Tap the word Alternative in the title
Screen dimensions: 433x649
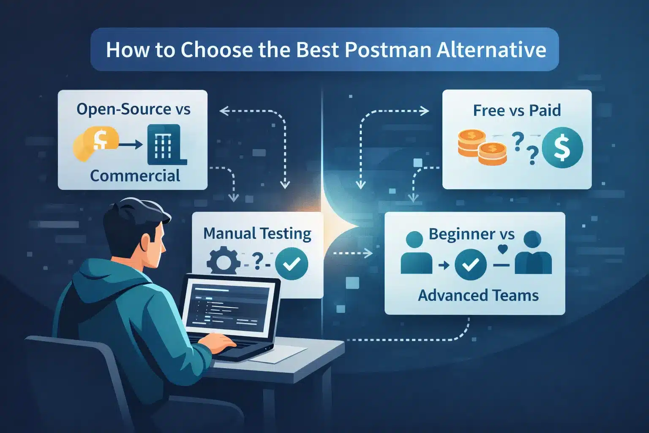click(x=491, y=50)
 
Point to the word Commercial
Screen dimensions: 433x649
click(x=135, y=175)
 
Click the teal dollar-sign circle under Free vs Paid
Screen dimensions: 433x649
click(x=562, y=148)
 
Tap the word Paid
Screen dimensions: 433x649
click(x=545, y=110)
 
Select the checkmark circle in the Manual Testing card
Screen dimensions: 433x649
click(x=292, y=263)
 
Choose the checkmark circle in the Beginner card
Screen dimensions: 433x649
click(x=470, y=265)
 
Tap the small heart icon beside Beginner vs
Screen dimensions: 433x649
click(x=502, y=249)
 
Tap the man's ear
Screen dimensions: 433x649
click(x=146, y=243)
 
